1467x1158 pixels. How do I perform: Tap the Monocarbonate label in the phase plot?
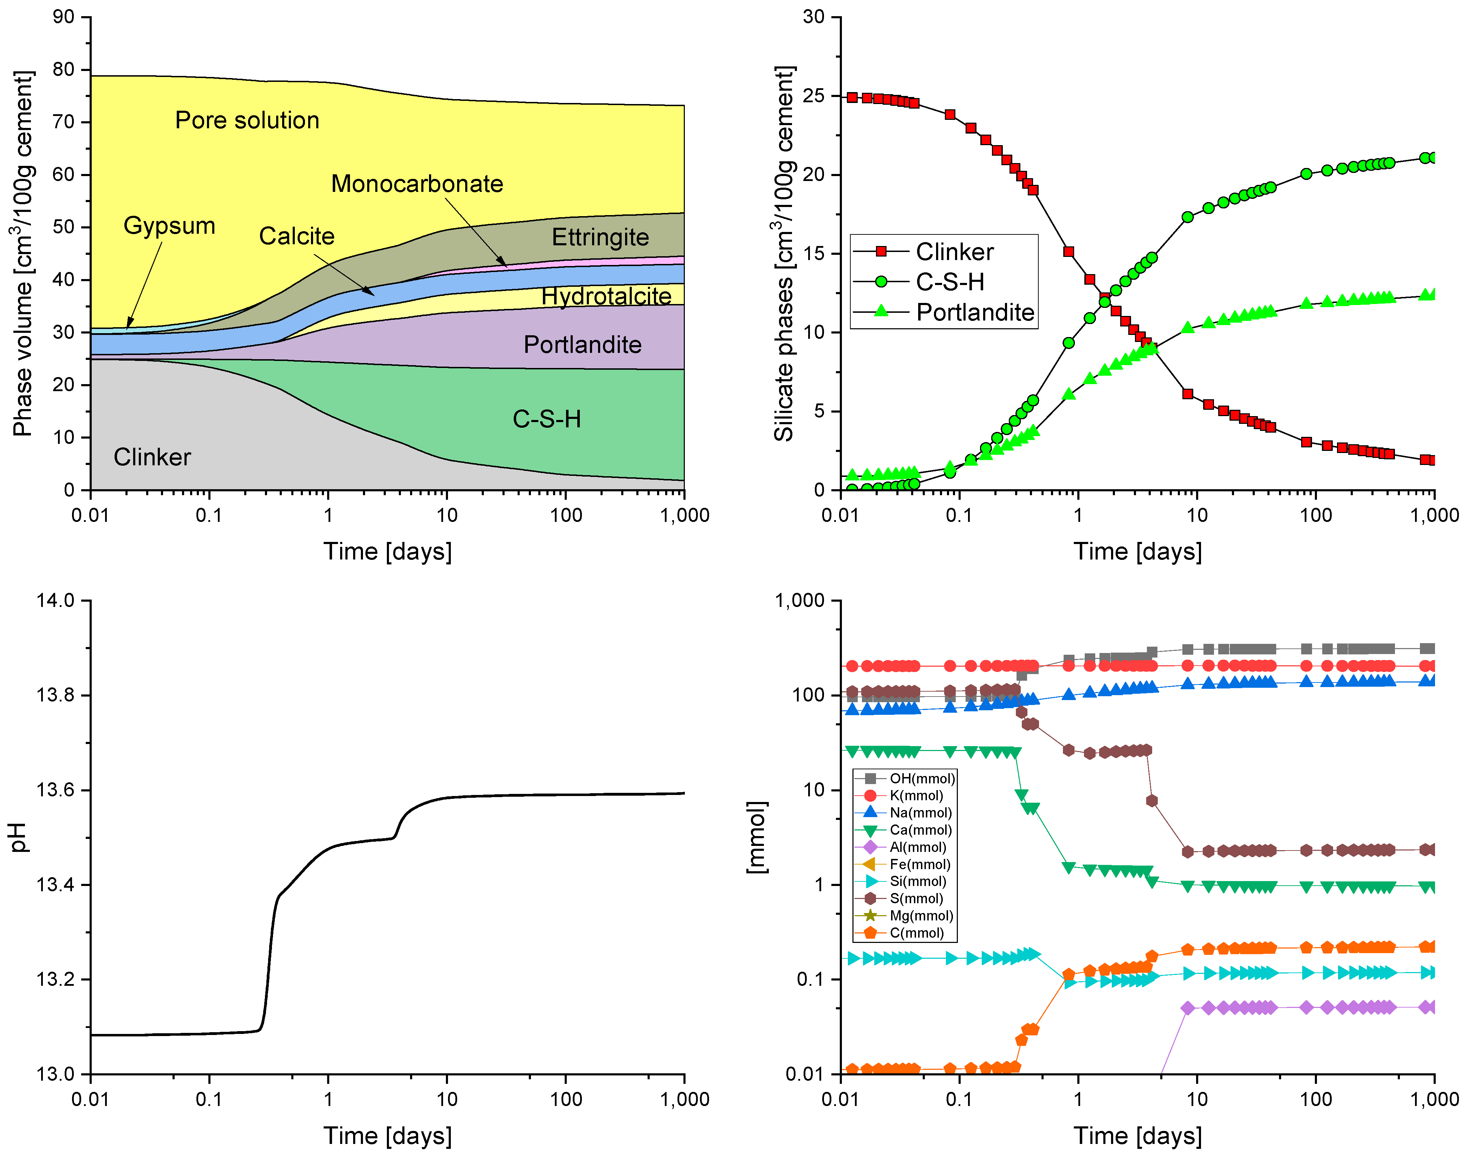pos(417,184)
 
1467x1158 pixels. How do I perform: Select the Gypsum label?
pos(169,226)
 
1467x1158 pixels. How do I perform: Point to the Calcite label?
pos(297,236)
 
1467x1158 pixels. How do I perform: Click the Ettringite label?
pos(600,237)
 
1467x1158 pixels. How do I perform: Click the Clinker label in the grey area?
pos(152,457)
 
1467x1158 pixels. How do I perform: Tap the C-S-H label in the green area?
pos(546,419)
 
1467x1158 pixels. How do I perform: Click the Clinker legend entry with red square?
pos(954,252)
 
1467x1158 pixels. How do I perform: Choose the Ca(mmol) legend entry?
pos(920,830)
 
